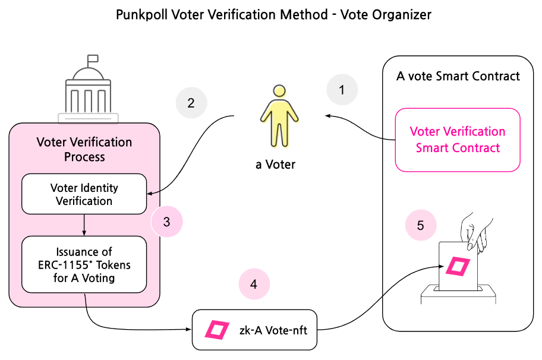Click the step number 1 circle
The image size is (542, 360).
[x=342, y=90]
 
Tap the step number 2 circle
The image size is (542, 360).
[x=191, y=103]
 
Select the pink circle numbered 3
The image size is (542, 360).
[x=166, y=222]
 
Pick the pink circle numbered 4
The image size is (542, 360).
[x=254, y=284]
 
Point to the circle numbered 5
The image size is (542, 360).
[x=420, y=225]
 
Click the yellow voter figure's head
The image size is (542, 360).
[x=279, y=91]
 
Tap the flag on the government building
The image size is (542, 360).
[x=93, y=59]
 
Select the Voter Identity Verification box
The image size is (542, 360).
[x=84, y=194]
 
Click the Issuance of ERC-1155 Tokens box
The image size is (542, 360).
[x=84, y=264]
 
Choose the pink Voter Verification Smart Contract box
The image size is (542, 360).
[x=458, y=140]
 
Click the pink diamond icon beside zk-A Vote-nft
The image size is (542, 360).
[x=217, y=330]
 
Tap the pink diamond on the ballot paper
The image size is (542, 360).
[x=458, y=266]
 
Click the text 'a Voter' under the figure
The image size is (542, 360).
[x=276, y=165]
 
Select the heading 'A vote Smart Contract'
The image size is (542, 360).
[x=458, y=76]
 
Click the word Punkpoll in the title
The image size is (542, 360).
[x=142, y=14]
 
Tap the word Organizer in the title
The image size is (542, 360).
[x=403, y=14]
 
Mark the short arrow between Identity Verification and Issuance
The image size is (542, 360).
[x=84, y=225]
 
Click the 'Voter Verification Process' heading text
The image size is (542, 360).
[x=84, y=149]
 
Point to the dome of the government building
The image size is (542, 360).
[x=88, y=73]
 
